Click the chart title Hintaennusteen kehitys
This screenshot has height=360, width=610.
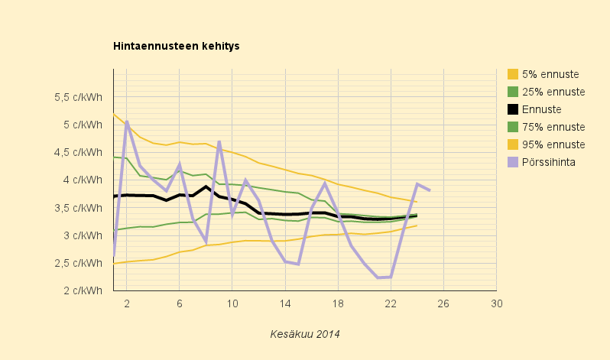pos(177,46)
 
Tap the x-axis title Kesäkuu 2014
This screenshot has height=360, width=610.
pos(304,334)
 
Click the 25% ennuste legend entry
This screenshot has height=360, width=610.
pos(547,92)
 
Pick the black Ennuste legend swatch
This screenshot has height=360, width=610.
pos(513,109)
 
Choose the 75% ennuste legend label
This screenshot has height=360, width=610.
pos(553,127)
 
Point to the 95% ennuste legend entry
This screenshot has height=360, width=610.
pos(547,144)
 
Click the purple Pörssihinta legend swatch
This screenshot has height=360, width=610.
pos(513,162)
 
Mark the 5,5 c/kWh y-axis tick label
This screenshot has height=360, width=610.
pos(78,97)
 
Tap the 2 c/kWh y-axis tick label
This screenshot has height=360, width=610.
pos(83,290)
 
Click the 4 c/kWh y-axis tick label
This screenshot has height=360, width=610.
pos(83,180)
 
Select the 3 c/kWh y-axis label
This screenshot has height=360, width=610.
pos(83,235)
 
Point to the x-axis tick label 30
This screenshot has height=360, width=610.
pos(496,303)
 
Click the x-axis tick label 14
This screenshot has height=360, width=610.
pos(285,303)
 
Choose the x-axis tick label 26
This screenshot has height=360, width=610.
pos(443,303)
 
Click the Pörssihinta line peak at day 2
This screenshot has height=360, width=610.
pos(127,122)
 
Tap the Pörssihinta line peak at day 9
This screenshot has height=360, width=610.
pos(219,141)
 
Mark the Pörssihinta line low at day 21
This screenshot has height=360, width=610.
pos(378,277)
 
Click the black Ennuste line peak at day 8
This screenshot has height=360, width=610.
pos(206,186)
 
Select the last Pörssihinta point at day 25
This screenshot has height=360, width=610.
pos(430,190)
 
